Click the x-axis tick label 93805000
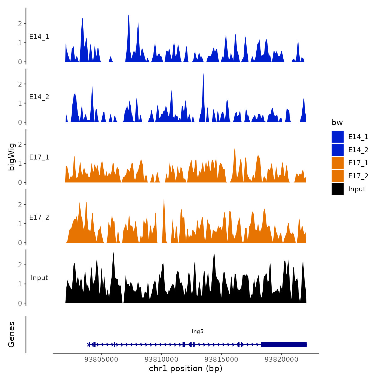(x=101, y=359)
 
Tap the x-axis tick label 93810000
(x=161, y=359)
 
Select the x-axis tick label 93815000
(x=221, y=359)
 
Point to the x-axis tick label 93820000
(x=281, y=359)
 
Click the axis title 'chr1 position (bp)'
(x=186, y=369)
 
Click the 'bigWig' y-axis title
(x=11, y=157)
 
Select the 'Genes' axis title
(x=11, y=334)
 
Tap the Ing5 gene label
(x=198, y=331)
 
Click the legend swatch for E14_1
(x=337, y=137)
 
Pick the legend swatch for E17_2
(x=337, y=176)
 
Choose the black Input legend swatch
(x=337, y=189)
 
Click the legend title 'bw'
(x=337, y=122)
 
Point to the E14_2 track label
(x=39, y=97)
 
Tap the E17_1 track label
(x=39, y=157)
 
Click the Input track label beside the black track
(x=39, y=278)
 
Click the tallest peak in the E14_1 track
(x=128, y=16)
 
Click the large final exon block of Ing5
(x=284, y=345)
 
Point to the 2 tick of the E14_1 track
(x=20, y=24)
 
